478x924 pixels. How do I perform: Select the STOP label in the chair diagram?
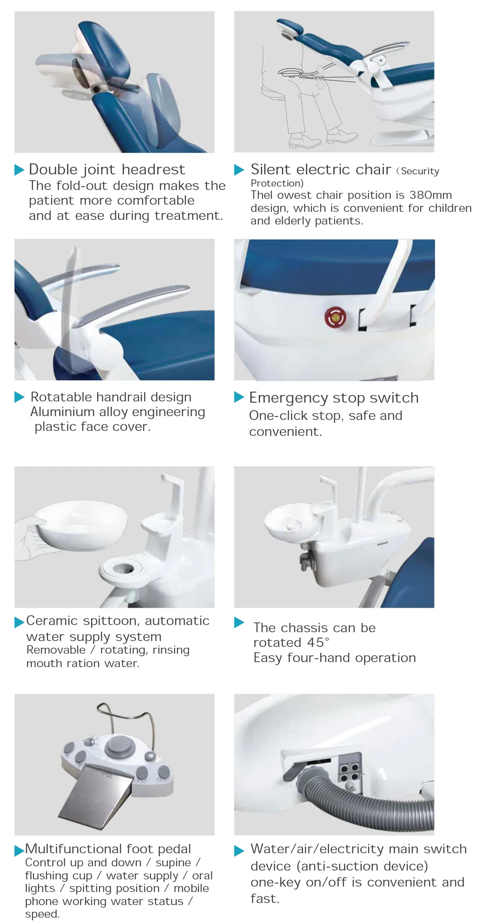coord(319,78)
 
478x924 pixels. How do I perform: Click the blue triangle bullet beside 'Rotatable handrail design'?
coord(19,397)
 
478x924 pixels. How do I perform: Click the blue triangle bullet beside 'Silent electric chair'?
coord(239,170)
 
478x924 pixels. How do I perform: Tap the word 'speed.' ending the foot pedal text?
coord(42,914)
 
